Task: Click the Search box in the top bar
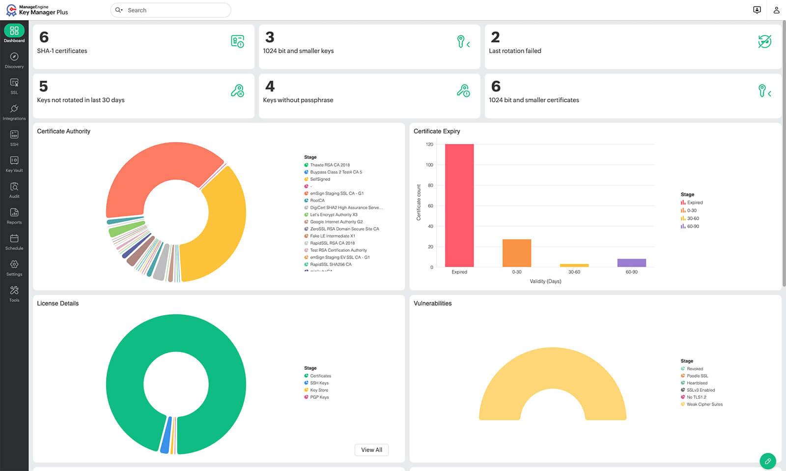[x=172, y=10]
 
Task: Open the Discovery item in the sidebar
[x=14, y=60]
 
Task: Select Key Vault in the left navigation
[x=14, y=164]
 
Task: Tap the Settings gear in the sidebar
[x=14, y=268]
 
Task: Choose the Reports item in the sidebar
[x=14, y=216]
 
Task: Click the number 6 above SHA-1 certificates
[x=44, y=37]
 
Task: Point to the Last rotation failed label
[x=515, y=51]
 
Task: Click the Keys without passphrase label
[x=298, y=100]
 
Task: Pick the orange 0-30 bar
[x=516, y=253]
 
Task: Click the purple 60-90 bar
[x=631, y=263]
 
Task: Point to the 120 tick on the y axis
[x=429, y=145]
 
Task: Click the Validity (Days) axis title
[x=545, y=281]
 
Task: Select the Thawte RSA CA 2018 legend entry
[x=330, y=165]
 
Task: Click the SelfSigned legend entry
[x=320, y=179]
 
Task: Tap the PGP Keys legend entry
[x=319, y=397]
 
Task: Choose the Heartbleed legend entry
[x=697, y=383]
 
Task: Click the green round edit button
[x=767, y=461]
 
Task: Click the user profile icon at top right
[x=776, y=10]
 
